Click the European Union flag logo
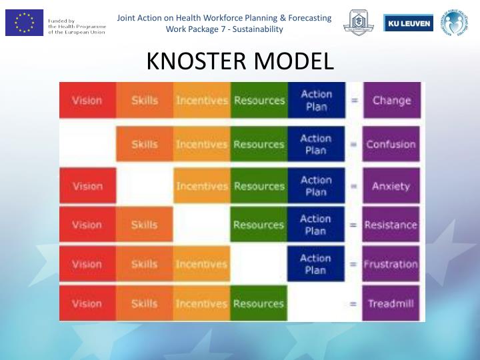24,23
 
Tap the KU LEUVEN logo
408,23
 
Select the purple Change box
392,101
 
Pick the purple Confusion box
392,144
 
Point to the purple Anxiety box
392,186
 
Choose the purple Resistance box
392,225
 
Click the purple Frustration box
392,264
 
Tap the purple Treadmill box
392,303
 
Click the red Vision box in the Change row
87,101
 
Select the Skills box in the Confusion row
145,144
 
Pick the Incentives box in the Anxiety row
202,186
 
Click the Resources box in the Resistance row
259,225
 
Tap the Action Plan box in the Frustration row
316,264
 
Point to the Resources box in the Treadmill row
259,303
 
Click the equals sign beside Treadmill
353,304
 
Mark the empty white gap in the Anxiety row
145,186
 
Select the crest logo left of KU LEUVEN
359,23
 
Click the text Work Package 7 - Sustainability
224,29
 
